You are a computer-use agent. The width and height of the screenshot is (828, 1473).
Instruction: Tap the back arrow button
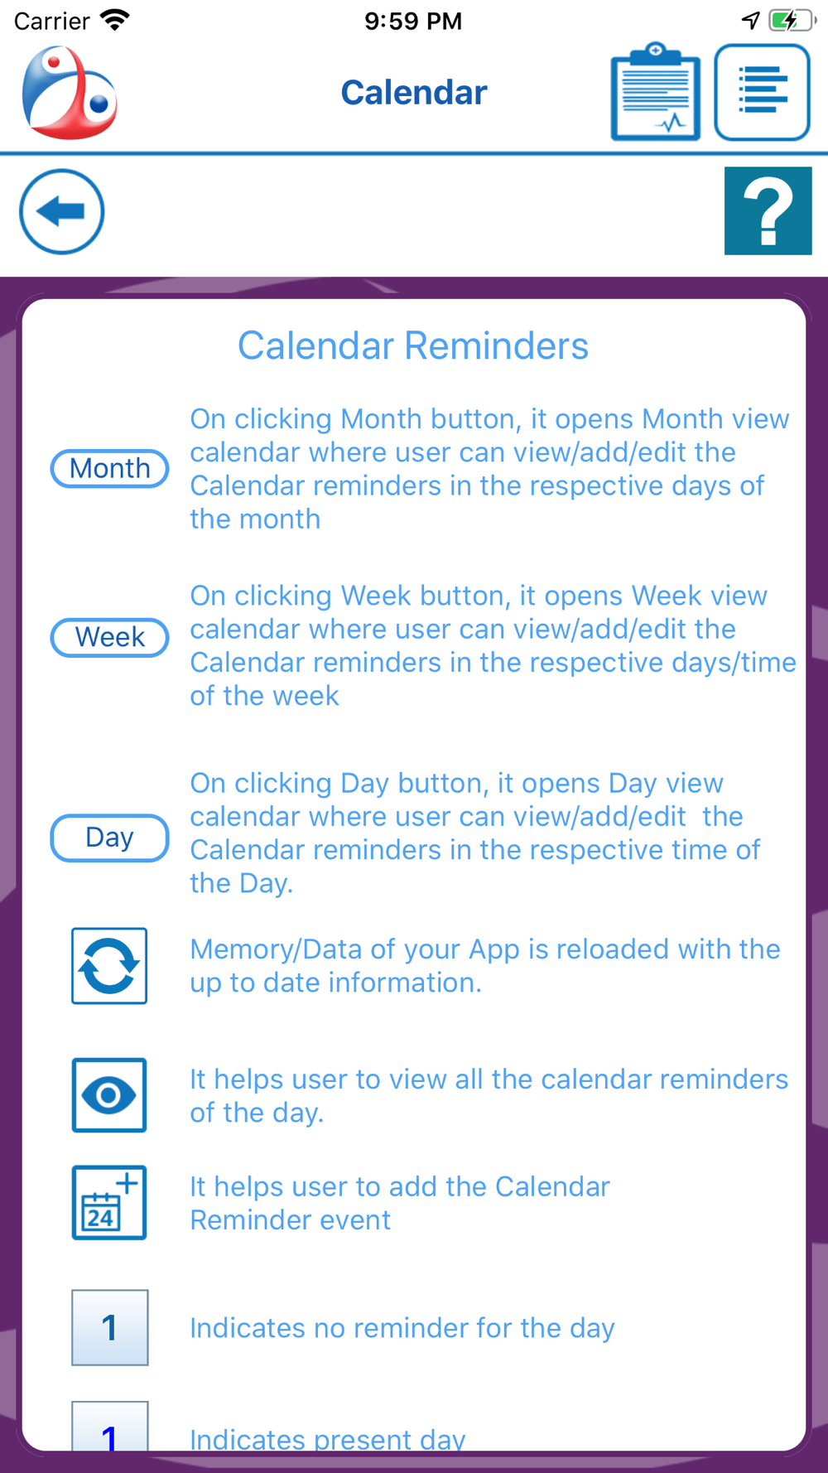62,212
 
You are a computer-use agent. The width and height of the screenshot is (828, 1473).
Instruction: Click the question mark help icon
768,210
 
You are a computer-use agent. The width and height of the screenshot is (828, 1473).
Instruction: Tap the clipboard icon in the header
656,91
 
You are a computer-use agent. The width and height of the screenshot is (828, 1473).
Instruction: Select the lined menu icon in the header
762,92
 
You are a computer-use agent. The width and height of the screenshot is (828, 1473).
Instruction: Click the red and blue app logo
70,92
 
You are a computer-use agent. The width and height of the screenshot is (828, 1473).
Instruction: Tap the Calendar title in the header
414,92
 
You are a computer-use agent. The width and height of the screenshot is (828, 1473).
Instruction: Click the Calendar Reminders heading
413,345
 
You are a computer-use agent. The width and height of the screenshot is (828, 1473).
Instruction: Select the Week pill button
110,637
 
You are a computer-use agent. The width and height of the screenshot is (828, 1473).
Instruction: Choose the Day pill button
110,838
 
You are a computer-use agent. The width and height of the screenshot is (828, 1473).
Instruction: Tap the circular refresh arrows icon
109,966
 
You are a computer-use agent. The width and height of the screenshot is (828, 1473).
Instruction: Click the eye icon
109,1095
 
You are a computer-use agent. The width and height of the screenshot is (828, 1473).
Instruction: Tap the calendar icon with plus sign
109,1203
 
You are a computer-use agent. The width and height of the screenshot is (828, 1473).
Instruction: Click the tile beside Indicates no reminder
110,1327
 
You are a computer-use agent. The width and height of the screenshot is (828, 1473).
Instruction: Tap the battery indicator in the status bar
792,20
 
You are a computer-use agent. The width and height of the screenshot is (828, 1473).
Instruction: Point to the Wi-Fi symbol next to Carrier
115,20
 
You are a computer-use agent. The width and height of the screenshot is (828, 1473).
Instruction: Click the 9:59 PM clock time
413,21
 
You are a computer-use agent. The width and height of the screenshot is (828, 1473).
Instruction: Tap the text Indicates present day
328,1439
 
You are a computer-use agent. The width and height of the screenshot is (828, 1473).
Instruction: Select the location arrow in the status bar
750,20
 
